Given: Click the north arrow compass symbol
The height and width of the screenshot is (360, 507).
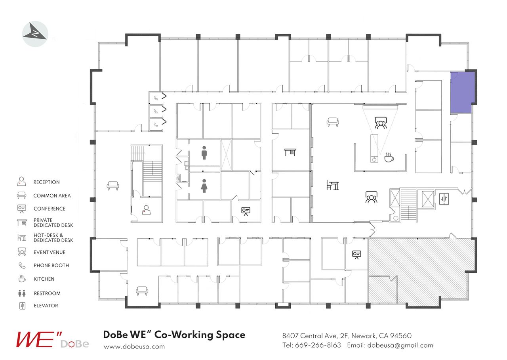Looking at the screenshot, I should tap(35, 34).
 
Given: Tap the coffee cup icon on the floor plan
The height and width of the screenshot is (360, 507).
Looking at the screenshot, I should tap(389, 157).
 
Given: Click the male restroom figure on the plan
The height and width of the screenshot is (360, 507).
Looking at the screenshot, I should tap(204, 153).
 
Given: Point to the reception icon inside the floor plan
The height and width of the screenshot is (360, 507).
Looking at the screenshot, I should tap(146, 210).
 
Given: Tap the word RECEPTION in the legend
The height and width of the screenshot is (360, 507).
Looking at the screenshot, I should tap(46, 182).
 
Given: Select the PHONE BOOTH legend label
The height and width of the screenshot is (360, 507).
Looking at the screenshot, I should tap(51, 266).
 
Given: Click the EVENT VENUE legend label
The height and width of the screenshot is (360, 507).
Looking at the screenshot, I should tap(50, 252).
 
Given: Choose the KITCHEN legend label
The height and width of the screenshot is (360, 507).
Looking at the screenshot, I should tap(44, 279).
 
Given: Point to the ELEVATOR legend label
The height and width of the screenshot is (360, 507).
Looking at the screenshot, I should tap(46, 306).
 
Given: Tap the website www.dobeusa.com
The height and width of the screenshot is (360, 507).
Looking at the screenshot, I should tap(134, 347).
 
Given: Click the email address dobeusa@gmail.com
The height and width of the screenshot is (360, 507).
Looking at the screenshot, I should tap(400, 345).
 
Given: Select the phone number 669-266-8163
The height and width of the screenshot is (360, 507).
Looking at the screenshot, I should tap(318, 345).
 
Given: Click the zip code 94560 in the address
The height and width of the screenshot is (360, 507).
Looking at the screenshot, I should tap(400, 336).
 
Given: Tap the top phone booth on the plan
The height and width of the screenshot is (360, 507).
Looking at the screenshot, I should tap(156, 98).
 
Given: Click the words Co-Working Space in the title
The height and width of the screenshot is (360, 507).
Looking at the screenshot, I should tap(200, 335).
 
